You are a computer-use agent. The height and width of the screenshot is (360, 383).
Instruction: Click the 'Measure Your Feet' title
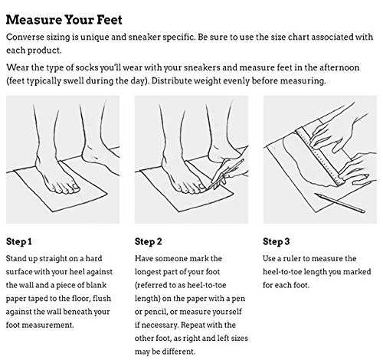pos(64,20)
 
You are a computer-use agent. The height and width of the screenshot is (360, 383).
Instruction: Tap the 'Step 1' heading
pos(19,241)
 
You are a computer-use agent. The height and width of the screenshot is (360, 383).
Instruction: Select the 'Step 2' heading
pos(149,241)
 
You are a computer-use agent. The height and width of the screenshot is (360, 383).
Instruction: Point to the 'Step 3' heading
pos(277,241)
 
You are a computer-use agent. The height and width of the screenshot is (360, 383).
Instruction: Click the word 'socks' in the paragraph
pos(87,67)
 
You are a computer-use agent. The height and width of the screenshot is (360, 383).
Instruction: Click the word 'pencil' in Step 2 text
pos(155,312)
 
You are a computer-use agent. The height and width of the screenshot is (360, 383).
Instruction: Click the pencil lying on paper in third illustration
pos(339,203)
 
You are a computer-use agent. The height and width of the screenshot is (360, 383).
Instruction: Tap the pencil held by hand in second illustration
pos(225,174)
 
